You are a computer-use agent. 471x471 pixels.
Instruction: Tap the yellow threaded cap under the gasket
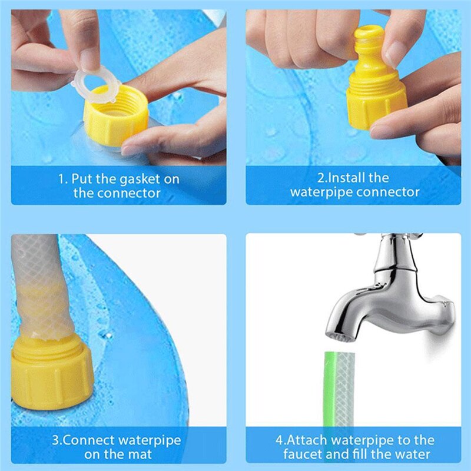[115, 122]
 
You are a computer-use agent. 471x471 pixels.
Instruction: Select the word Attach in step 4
[306, 440]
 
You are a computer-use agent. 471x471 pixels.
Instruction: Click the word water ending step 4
[413, 454]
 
